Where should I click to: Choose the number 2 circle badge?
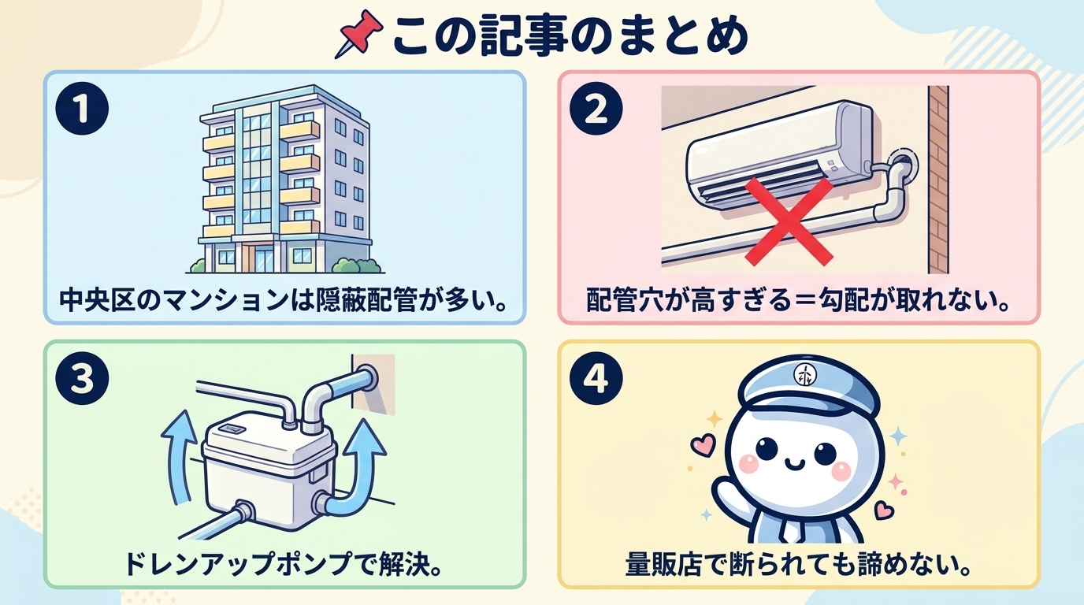pos(596,111)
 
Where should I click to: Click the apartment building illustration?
pos(284,181)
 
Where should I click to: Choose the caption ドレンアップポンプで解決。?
pos(284,564)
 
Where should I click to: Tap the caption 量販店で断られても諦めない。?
pos(798,564)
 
